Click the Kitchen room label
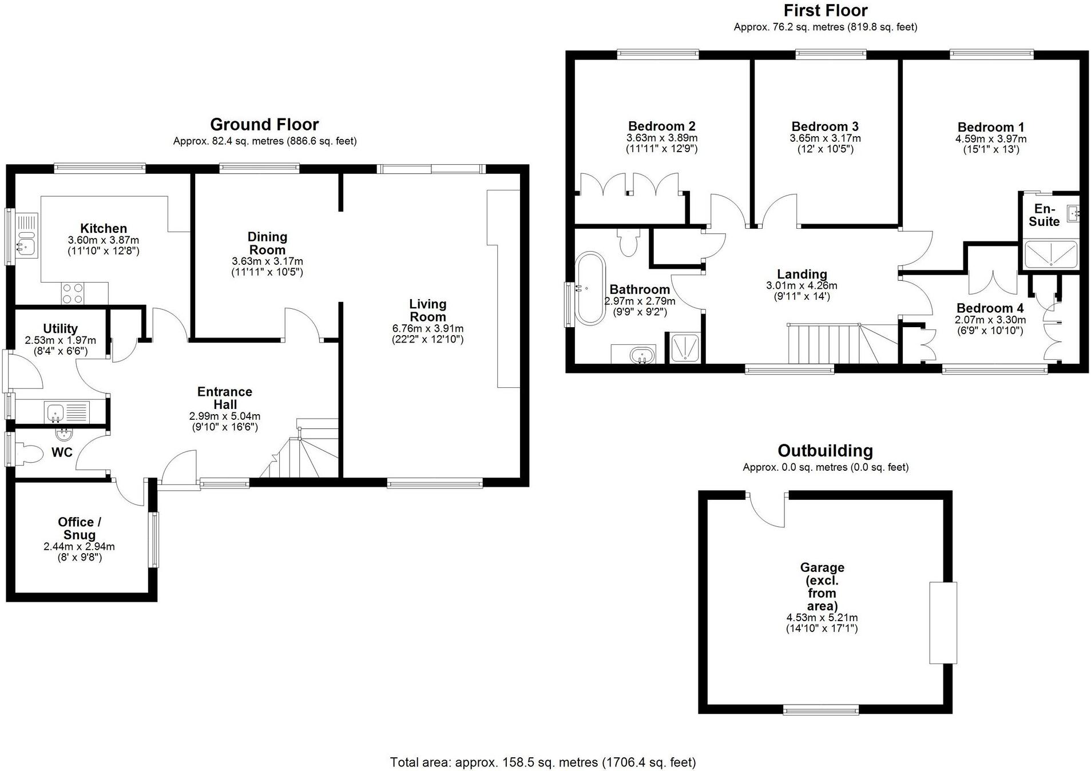tap(104, 228)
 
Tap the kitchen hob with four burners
tap(73, 293)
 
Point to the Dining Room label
tap(267, 243)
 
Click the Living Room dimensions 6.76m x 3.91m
tap(427, 328)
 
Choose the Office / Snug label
tap(80, 528)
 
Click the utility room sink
tap(56, 411)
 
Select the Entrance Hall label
tap(225, 398)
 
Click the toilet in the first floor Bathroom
tap(628, 244)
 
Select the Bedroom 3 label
tap(824, 126)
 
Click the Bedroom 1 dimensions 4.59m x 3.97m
tap(990, 139)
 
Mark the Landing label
tap(802, 274)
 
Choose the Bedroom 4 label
tap(990, 308)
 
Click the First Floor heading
tap(825, 10)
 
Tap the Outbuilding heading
tap(825, 451)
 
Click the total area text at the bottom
tap(543, 762)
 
